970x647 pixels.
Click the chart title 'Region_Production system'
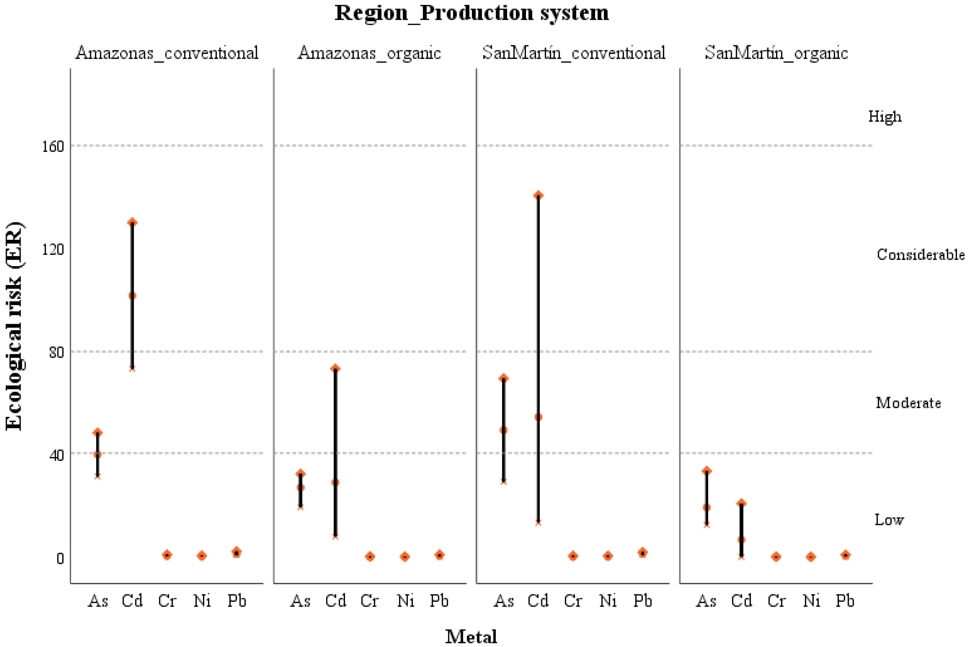(471, 13)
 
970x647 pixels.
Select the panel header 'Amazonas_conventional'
(167, 53)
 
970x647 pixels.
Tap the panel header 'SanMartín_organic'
(776, 53)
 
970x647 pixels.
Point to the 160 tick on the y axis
(53, 146)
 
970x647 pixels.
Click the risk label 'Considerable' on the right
(921, 255)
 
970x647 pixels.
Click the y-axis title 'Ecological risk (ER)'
(15, 326)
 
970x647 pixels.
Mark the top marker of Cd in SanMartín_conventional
(538, 195)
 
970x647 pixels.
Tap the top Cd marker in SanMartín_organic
(741, 503)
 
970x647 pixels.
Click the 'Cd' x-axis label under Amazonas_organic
(335, 601)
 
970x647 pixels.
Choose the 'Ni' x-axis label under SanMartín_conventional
(608, 601)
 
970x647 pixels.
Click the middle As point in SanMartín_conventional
(503, 430)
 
